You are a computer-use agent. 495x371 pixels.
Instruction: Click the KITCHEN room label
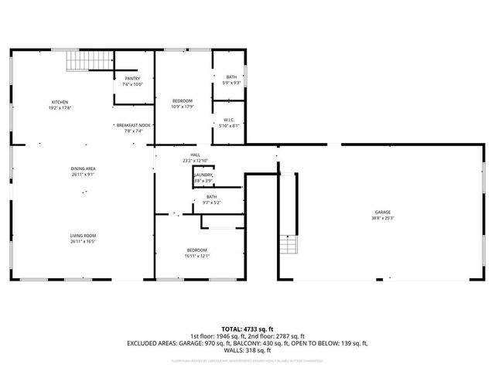click(60, 102)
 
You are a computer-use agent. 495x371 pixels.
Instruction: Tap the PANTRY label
click(132, 78)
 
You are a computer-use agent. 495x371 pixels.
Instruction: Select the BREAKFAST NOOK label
click(134, 125)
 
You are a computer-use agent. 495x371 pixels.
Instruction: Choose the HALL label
click(196, 155)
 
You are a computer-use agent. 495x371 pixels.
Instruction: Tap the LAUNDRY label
click(203, 175)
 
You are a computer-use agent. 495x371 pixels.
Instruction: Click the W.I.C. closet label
click(230, 120)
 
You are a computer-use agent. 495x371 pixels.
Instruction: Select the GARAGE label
click(382, 212)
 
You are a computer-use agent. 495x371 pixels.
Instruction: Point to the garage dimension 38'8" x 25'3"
click(382, 218)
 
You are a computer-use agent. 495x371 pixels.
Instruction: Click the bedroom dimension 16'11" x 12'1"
click(197, 256)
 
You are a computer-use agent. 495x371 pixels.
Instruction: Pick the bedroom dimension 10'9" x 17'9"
click(183, 107)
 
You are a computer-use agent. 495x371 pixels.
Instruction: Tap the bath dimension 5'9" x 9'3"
click(232, 83)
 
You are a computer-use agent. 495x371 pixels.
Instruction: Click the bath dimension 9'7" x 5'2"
click(212, 203)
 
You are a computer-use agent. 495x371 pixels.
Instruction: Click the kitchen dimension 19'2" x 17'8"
click(60, 108)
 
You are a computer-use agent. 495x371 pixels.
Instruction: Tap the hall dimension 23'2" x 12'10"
click(196, 161)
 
